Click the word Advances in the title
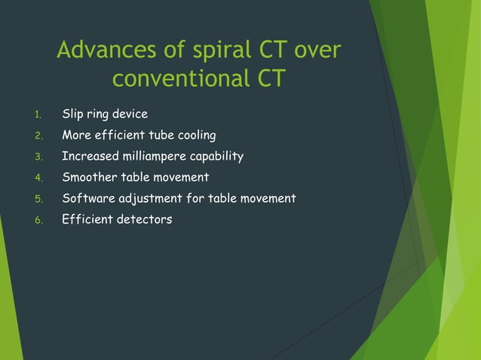101,50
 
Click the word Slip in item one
72,114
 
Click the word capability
217,157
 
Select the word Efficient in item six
87,220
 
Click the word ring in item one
98,114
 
